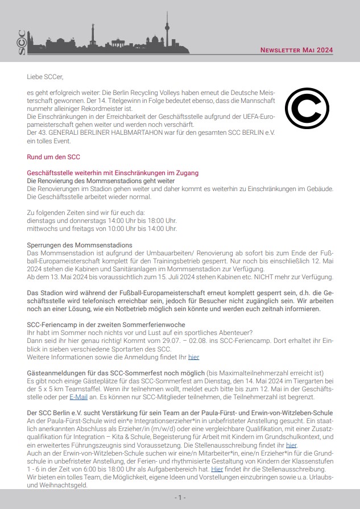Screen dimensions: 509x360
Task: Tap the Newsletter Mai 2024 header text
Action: [x=296, y=50]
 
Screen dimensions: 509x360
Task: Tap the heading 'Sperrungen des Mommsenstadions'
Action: [x=80, y=245]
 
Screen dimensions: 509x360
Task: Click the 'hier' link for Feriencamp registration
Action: [x=193, y=357]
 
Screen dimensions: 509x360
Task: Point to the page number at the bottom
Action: [x=180, y=498]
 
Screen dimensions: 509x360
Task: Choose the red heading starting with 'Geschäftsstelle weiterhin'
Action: [x=113, y=172]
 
